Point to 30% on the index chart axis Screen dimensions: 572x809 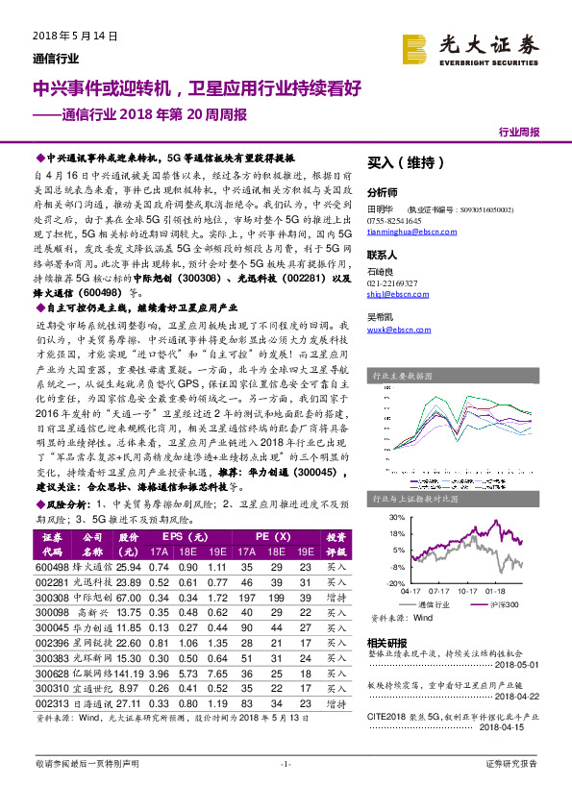point(397,518)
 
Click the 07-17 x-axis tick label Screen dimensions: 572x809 point(440,592)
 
